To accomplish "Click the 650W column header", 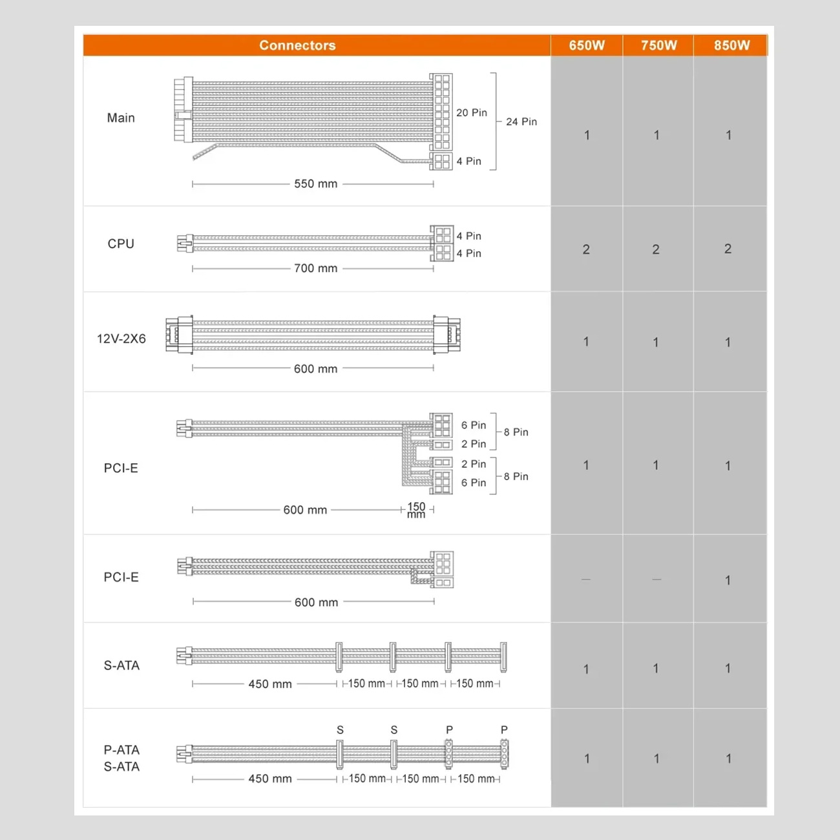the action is tap(587, 45).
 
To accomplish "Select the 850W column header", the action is tap(731, 45).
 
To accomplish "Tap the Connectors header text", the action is tap(297, 45).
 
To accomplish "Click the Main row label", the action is tap(121, 118).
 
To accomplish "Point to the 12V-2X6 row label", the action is tap(121, 339).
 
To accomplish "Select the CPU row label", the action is tap(121, 244).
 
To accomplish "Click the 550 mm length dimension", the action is tap(315, 184).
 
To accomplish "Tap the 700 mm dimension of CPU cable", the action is tap(315, 268).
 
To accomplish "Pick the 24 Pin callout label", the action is tap(521, 121).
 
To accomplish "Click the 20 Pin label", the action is tap(472, 112).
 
